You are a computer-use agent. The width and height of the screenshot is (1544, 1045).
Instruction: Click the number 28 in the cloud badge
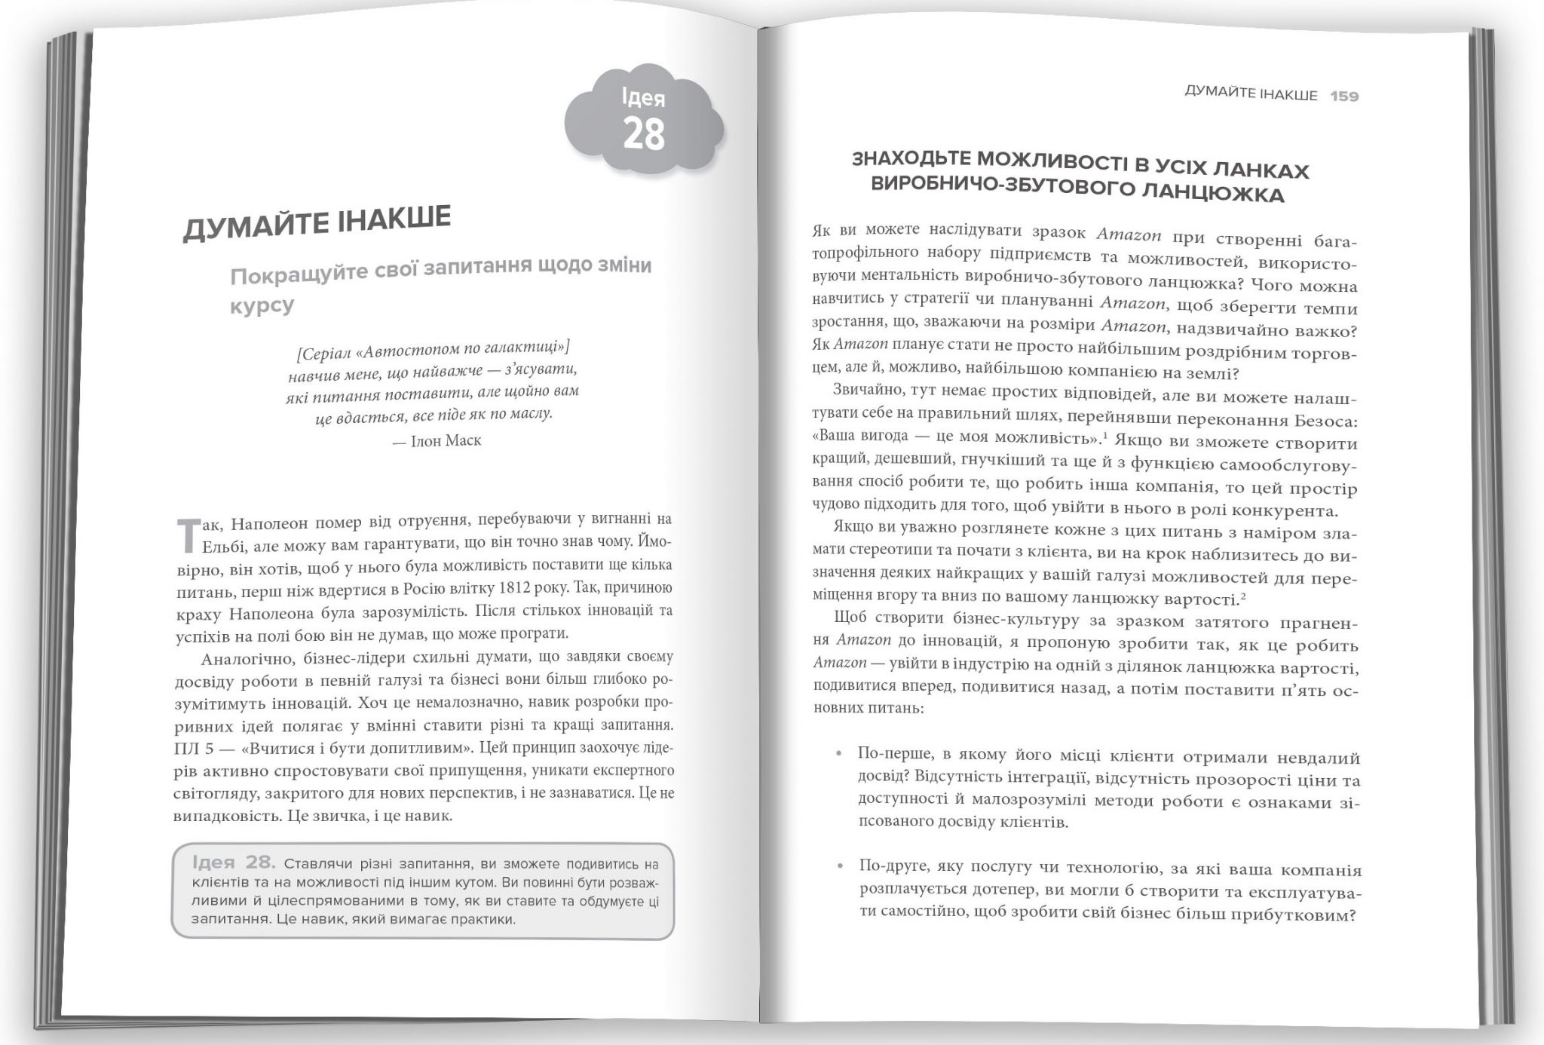(644, 134)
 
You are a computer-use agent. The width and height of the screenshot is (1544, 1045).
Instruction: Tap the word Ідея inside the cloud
(643, 98)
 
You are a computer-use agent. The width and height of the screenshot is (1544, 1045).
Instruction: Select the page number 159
(1344, 97)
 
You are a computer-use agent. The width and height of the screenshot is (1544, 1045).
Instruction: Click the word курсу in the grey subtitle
(262, 306)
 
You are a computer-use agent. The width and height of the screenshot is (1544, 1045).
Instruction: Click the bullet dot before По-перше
(838, 754)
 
